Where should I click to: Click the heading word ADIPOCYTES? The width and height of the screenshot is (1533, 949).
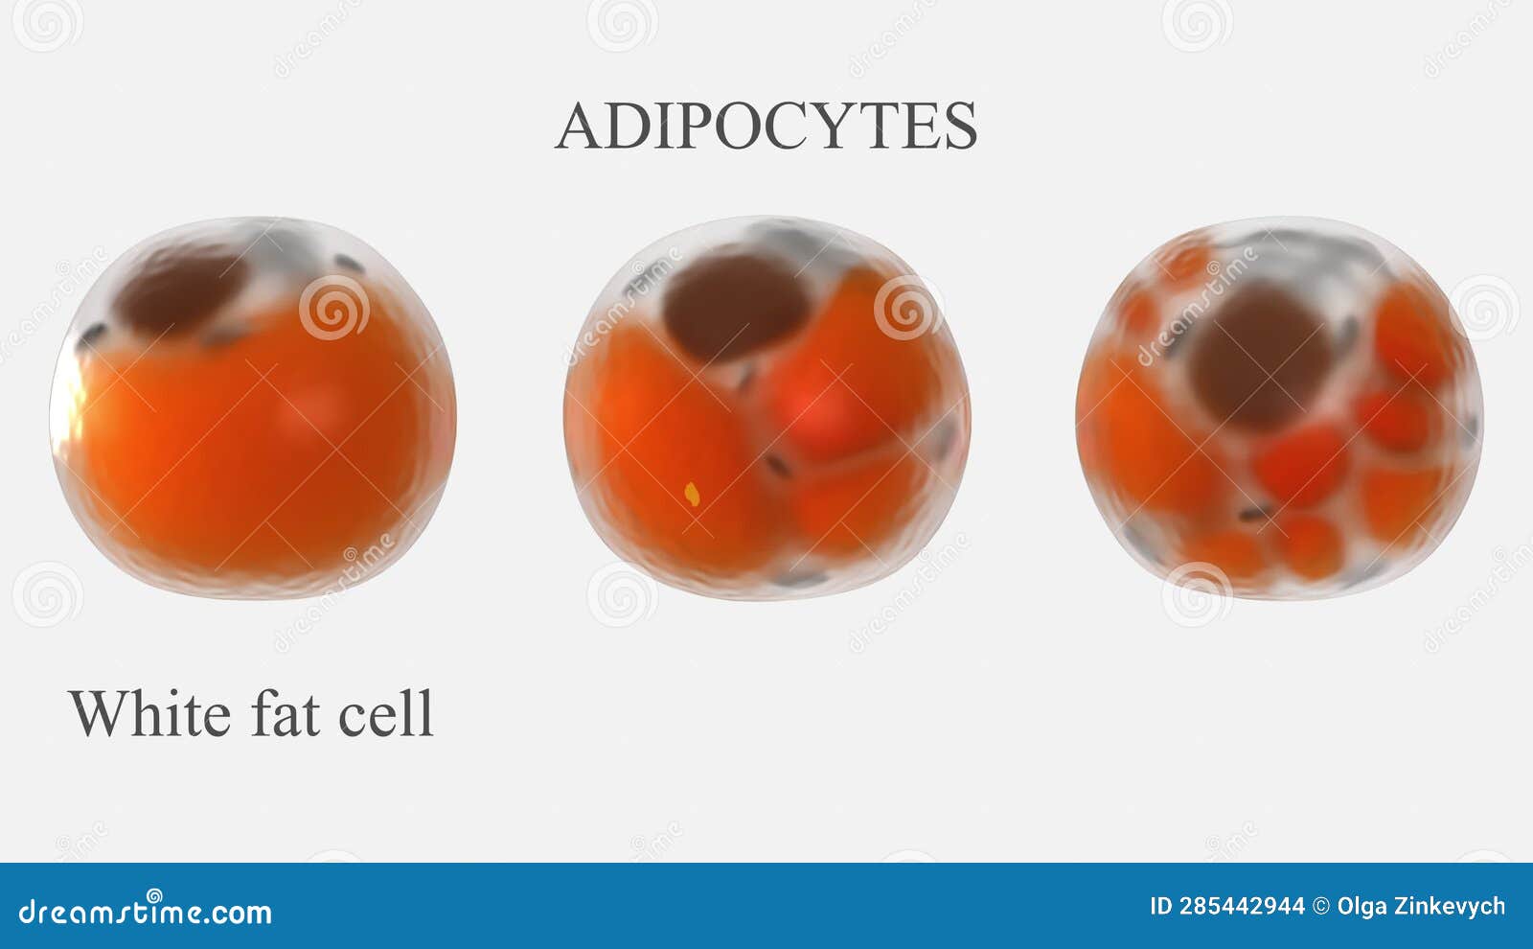(x=766, y=127)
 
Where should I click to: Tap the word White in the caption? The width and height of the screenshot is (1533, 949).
(x=149, y=713)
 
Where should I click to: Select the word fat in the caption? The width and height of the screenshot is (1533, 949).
(x=285, y=713)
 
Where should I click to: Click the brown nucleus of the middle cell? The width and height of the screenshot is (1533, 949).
(x=736, y=305)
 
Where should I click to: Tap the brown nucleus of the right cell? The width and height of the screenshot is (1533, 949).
(x=1259, y=356)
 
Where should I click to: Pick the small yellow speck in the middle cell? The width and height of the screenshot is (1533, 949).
(x=692, y=495)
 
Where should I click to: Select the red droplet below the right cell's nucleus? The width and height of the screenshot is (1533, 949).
(x=1301, y=465)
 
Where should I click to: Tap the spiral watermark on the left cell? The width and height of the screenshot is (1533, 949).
(x=333, y=308)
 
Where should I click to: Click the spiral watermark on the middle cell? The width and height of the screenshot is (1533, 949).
(x=906, y=308)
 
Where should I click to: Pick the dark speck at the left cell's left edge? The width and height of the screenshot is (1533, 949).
(x=92, y=336)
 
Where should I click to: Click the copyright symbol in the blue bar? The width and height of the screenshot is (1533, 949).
(x=1320, y=906)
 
